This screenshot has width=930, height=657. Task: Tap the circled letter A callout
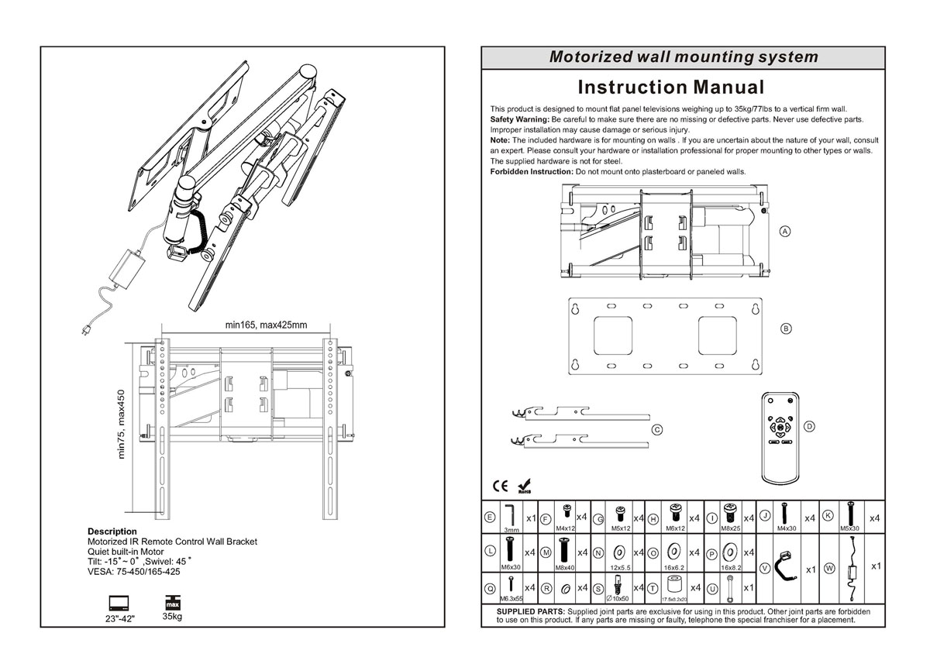click(784, 232)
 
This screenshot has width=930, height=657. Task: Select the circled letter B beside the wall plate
click(786, 328)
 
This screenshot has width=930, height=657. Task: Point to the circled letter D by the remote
click(809, 426)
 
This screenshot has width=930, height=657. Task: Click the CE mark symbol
click(501, 487)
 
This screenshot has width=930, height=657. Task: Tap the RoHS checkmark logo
click(524, 486)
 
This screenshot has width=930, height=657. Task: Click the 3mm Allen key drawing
click(510, 514)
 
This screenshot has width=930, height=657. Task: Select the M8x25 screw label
click(729, 528)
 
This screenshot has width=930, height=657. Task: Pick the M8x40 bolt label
click(564, 567)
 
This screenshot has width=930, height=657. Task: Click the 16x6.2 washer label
click(673, 567)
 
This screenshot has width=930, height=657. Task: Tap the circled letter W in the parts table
click(829, 568)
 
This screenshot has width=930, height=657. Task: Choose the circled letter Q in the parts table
click(490, 589)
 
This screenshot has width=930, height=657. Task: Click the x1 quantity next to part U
click(749, 588)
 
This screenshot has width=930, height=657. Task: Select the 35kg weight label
click(172, 617)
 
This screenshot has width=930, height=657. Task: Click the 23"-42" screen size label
click(119, 619)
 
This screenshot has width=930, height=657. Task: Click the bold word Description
click(112, 531)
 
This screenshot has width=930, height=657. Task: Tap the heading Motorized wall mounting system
click(683, 57)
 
